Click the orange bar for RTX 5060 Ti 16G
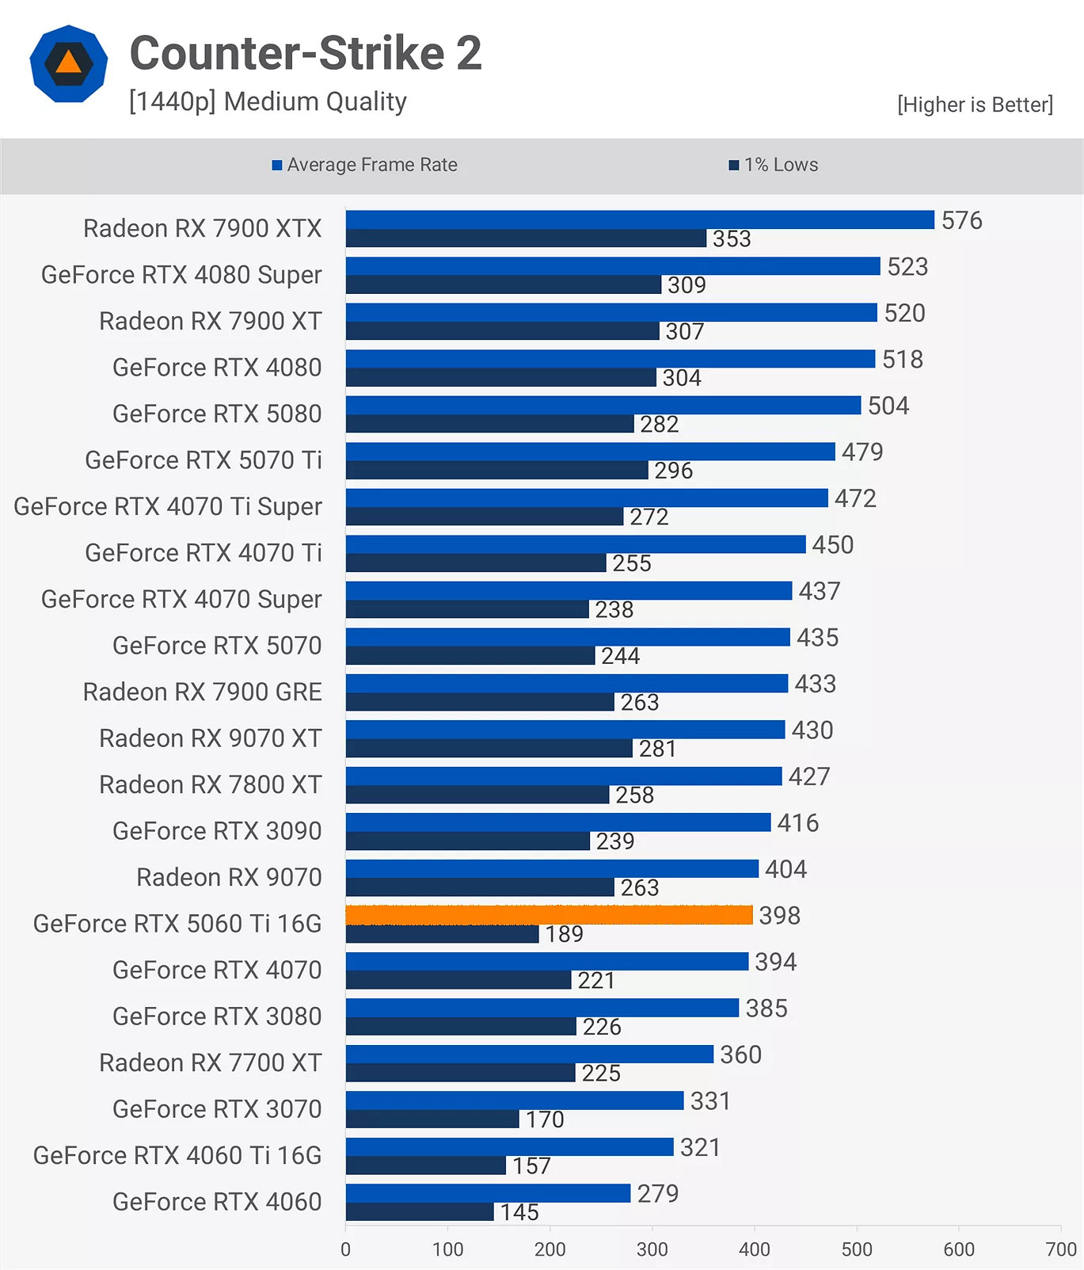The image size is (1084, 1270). click(x=549, y=915)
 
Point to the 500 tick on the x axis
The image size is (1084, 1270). click(x=857, y=1249)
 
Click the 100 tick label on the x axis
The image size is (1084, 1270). click(x=447, y=1249)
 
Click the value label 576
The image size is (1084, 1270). click(x=961, y=220)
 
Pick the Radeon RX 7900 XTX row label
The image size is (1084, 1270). click(x=202, y=228)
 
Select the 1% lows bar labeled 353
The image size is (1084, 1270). click(x=526, y=238)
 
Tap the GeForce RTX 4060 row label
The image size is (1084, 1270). click(x=217, y=1202)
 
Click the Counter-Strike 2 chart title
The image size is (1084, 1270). click(x=306, y=53)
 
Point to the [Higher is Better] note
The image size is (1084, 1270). click(x=975, y=105)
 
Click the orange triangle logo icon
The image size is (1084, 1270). click(x=69, y=63)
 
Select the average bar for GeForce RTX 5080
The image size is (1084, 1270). click(x=603, y=405)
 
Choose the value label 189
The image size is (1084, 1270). click(x=564, y=934)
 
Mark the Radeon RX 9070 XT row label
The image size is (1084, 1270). click(x=210, y=738)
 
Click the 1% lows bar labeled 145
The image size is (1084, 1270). click(x=420, y=1211)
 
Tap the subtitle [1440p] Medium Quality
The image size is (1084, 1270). click(x=268, y=101)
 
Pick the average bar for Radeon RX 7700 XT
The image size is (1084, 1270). click(x=529, y=1054)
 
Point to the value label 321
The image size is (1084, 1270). click(x=700, y=1147)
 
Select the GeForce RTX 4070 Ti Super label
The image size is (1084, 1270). click(x=168, y=506)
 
